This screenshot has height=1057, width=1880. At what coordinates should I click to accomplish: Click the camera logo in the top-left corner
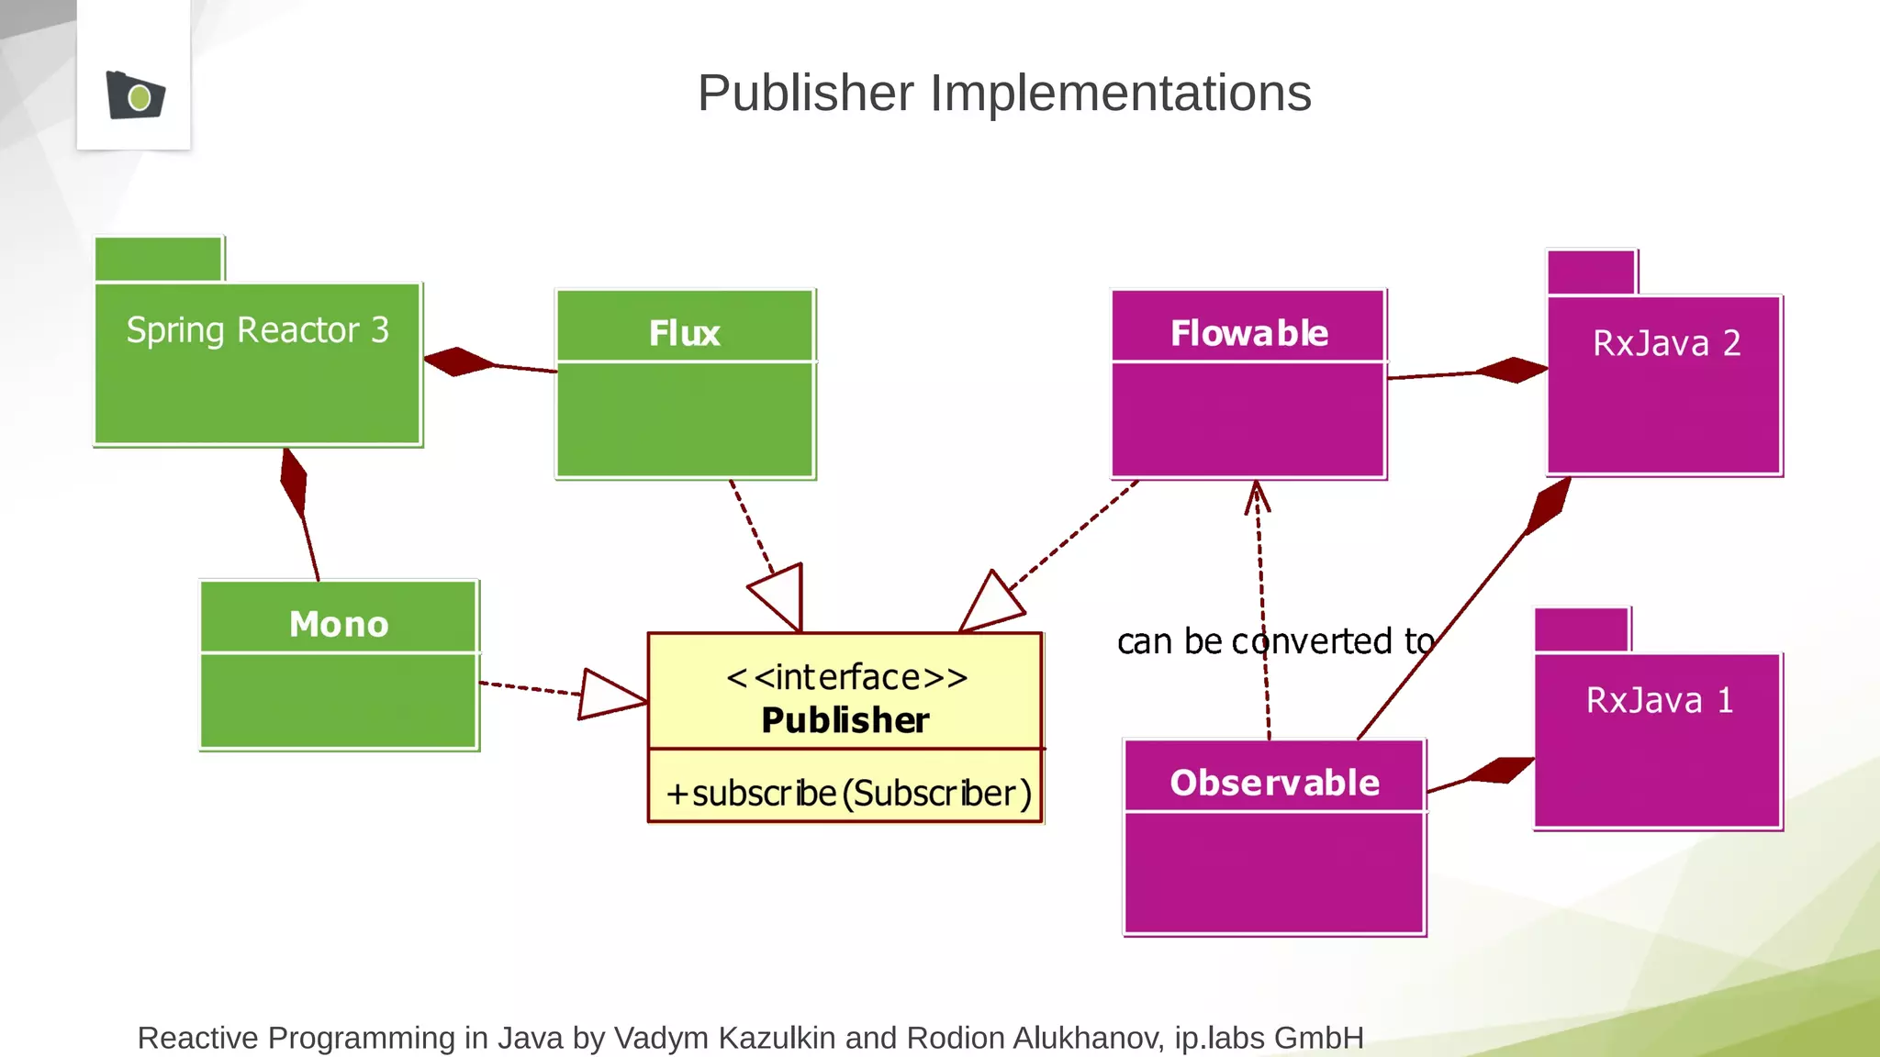[135, 95]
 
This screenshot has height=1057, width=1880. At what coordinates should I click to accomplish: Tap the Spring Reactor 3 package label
[257, 330]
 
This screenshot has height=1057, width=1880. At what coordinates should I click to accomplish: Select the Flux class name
[684, 333]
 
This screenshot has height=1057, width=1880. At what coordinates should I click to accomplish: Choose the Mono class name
[339, 624]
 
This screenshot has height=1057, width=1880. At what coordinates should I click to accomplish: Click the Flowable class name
[1248, 333]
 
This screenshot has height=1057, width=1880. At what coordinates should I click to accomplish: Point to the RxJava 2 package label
[1666, 343]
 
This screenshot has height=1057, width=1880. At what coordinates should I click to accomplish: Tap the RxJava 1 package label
[1660, 700]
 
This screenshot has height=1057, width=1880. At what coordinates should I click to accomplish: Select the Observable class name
[1274, 783]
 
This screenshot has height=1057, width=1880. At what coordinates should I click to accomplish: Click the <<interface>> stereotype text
[845, 677]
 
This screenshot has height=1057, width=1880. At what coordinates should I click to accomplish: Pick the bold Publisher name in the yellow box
[845, 720]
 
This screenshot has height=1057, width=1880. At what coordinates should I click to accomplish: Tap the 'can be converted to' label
[1275, 641]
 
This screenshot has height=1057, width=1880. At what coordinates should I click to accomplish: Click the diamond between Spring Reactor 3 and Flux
[459, 362]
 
